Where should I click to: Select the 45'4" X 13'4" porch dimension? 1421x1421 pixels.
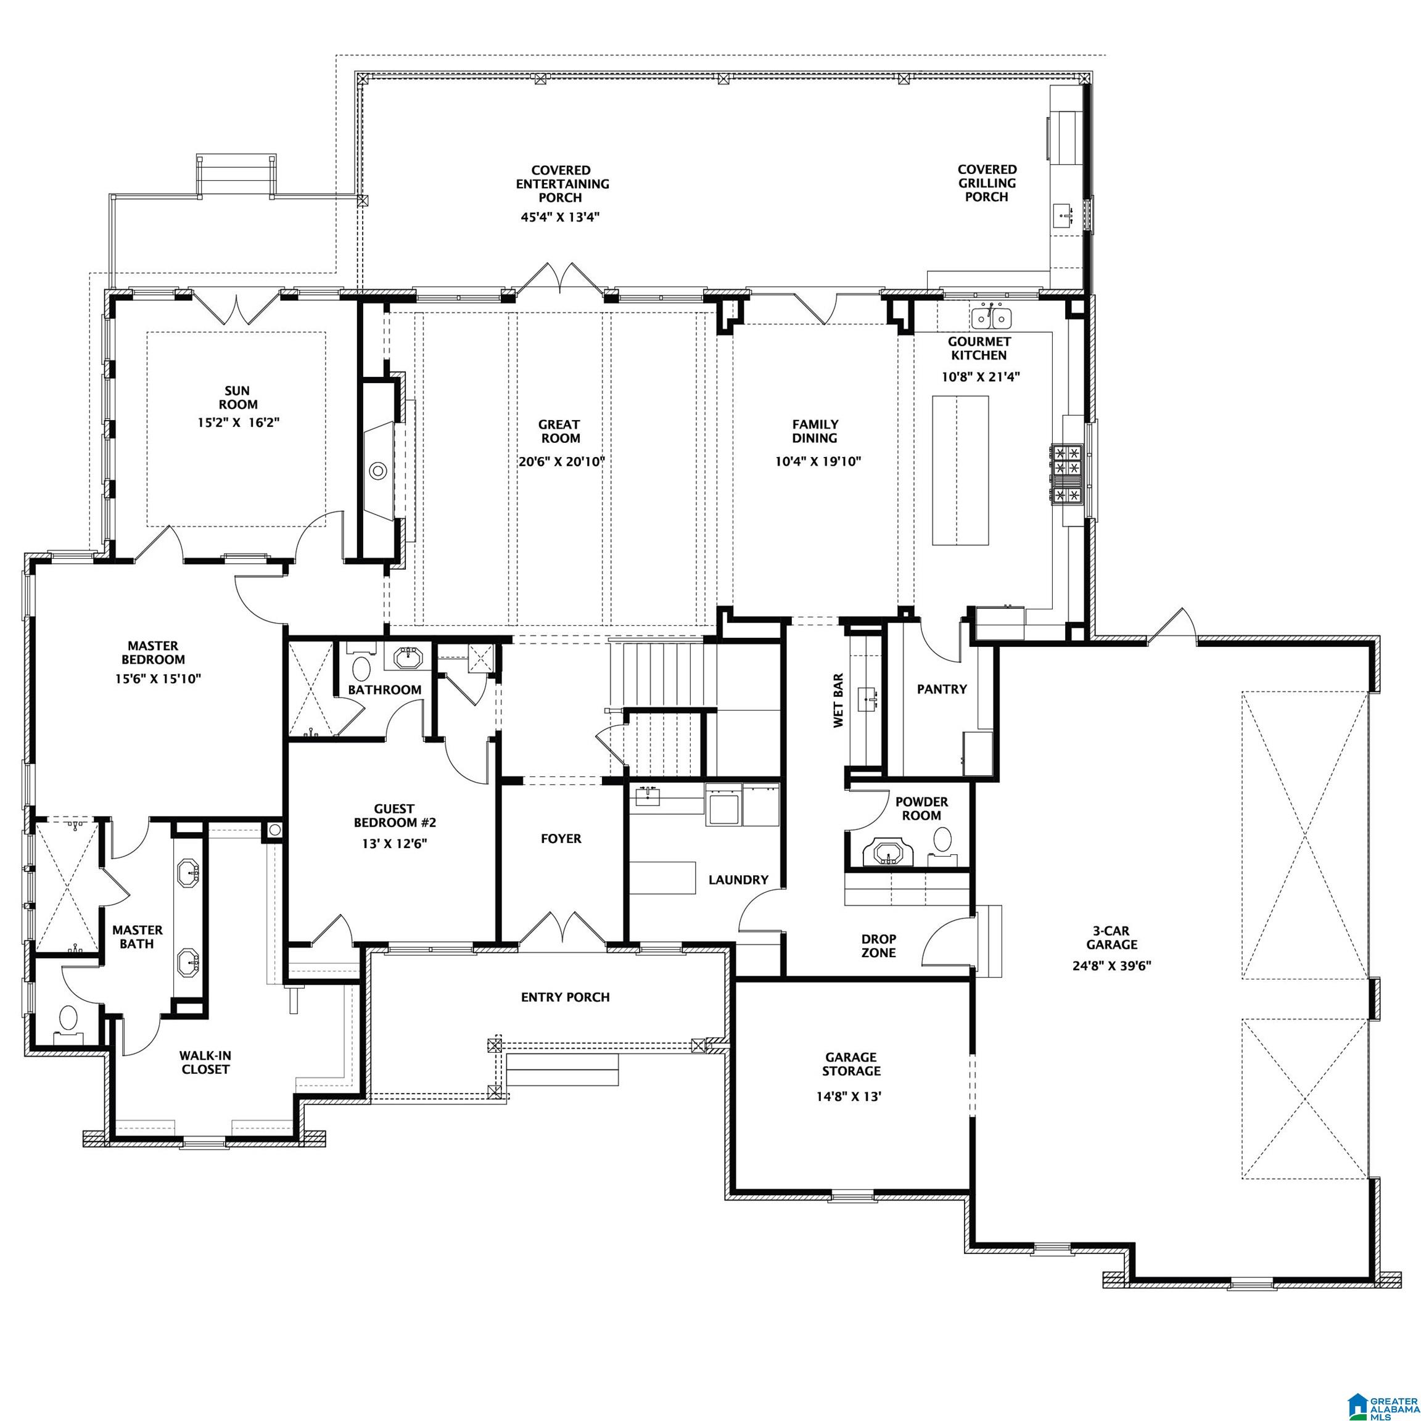click(562, 217)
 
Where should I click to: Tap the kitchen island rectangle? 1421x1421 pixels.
click(960, 470)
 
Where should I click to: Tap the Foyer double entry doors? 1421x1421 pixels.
click(562, 929)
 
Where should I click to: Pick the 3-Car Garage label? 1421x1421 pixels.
click(1111, 937)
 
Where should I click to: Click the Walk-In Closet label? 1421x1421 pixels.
click(205, 1062)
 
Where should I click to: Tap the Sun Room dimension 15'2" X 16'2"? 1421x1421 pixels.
click(237, 422)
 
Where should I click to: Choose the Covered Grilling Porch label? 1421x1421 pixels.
click(986, 183)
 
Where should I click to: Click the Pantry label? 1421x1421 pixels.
click(941, 689)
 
